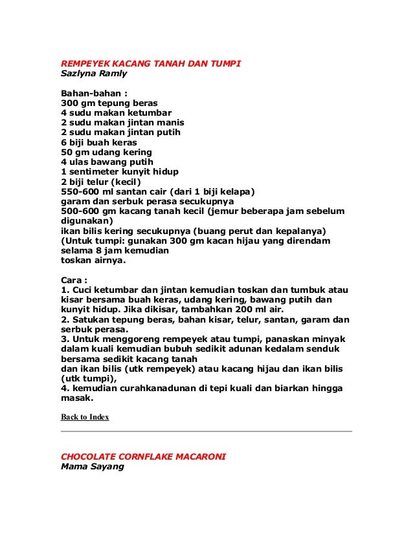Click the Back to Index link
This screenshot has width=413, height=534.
coord(85,417)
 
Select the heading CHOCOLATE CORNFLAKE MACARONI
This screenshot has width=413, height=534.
coord(143,456)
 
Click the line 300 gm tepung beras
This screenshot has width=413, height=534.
coord(109,103)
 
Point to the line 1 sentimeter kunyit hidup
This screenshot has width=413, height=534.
coord(119,171)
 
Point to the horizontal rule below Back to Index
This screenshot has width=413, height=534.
coord(206,431)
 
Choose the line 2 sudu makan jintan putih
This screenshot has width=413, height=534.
coord(120,133)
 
